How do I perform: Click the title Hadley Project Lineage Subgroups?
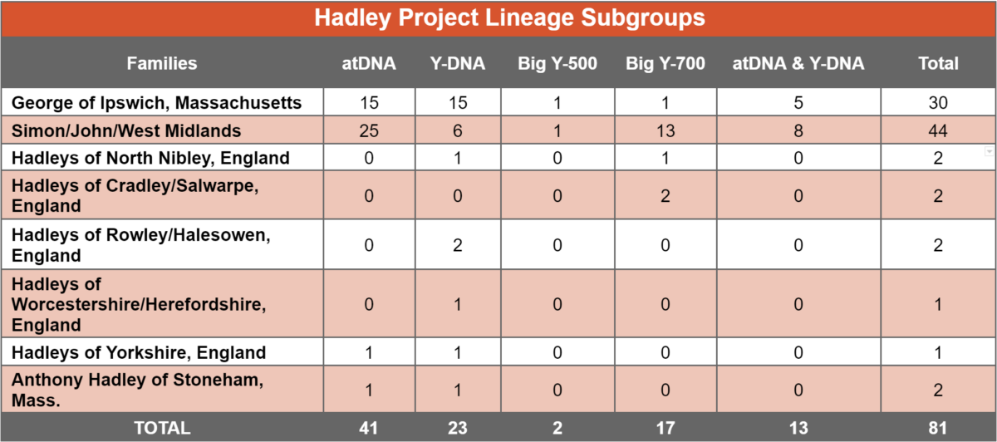[x=509, y=18]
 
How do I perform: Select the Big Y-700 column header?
[x=665, y=63]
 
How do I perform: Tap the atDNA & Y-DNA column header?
[x=798, y=63]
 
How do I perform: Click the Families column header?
[x=162, y=63]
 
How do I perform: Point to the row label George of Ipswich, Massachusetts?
[x=157, y=103]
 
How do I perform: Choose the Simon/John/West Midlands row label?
[x=126, y=131]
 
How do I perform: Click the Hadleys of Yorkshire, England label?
[x=139, y=352]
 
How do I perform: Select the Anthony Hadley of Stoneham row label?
[x=138, y=390]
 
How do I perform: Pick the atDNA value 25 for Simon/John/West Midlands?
[x=369, y=131]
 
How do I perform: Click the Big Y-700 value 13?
[x=665, y=131]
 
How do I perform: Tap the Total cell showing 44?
[x=938, y=131]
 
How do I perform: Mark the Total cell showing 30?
[x=938, y=103]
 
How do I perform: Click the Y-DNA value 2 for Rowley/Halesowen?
[x=458, y=245]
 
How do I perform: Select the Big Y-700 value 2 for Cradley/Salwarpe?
[x=665, y=196]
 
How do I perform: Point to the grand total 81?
[x=938, y=428]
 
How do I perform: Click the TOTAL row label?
[x=162, y=428]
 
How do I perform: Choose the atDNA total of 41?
[x=369, y=428]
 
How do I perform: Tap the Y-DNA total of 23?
[x=458, y=428]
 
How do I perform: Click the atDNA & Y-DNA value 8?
[x=798, y=131]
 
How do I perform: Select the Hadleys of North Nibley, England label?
[x=150, y=158]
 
